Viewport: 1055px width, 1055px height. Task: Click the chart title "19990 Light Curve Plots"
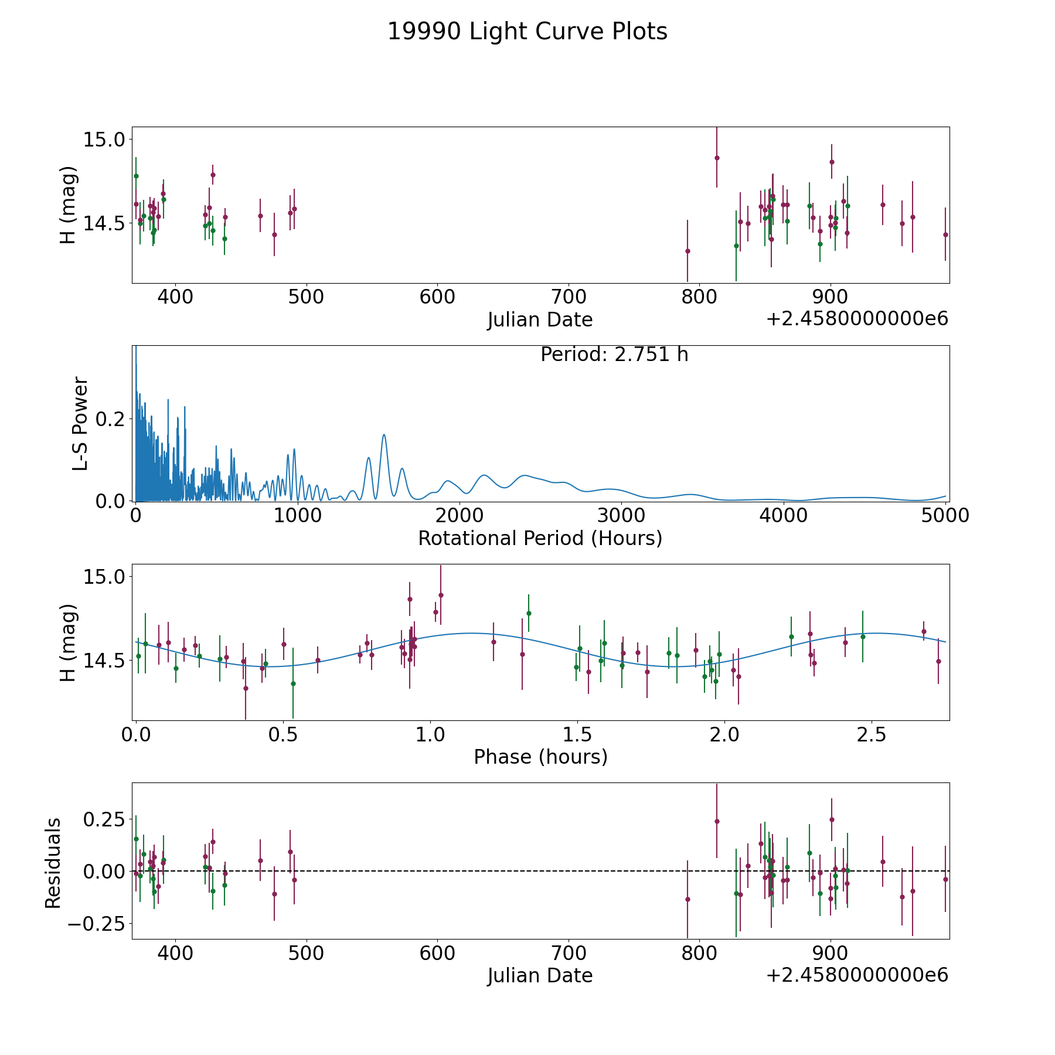coord(527,32)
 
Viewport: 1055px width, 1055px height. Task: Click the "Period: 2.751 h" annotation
coord(614,355)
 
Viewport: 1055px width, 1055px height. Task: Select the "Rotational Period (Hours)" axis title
coord(540,538)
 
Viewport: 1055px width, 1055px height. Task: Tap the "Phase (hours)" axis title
coord(540,757)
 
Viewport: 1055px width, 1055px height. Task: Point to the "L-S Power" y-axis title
coord(80,423)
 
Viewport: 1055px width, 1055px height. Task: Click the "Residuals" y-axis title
coord(53,863)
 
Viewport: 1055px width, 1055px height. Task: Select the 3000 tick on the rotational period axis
coord(621,515)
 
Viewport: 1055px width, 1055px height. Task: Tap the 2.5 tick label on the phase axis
coord(872,734)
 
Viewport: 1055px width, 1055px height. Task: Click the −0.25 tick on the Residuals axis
coord(100,924)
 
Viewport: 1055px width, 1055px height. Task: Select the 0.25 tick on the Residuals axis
coord(104,818)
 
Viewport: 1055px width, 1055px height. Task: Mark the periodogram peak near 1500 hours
coord(384,435)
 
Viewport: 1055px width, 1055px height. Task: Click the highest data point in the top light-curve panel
coord(717,158)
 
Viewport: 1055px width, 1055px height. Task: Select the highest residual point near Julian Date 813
coord(717,821)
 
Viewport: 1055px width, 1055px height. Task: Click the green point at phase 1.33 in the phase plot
coord(529,613)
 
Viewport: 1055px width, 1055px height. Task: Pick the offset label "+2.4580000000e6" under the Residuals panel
coord(857,975)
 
